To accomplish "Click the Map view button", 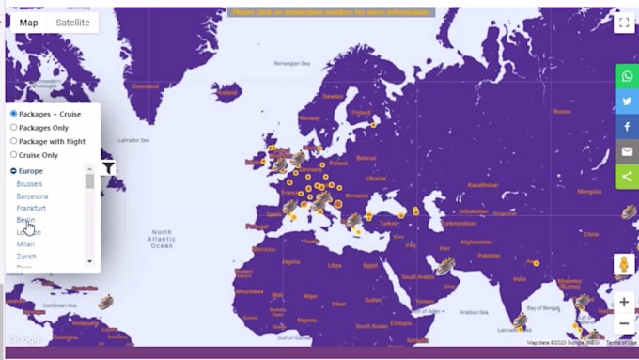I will [x=29, y=23].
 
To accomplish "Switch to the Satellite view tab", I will [x=72, y=23].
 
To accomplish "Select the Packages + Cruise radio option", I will [x=14, y=114].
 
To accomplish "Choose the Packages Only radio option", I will [x=14, y=127].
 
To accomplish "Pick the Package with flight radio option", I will [x=14, y=141].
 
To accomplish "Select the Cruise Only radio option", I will [x=14, y=154].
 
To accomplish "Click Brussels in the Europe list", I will [x=29, y=184].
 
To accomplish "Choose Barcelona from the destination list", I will [x=32, y=196].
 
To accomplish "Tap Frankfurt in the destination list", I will [x=31, y=208].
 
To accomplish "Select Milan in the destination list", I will [x=25, y=244].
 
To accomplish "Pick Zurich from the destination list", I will [x=26, y=256].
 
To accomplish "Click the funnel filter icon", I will [x=109, y=168].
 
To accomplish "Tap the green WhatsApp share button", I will [x=627, y=76].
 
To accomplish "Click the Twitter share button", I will [x=627, y=102].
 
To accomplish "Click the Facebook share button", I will [x=627, y=126].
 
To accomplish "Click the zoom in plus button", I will [x=624, y=303].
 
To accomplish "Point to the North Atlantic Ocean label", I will [x=162, y=239].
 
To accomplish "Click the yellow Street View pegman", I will [x=623, y=265].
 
